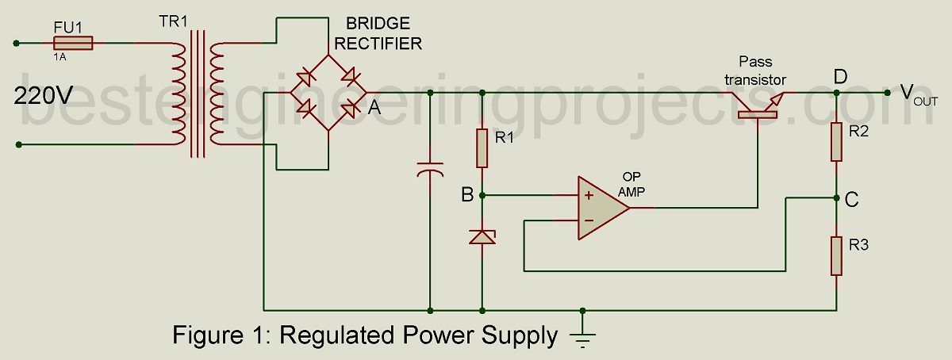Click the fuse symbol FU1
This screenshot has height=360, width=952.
click(72, 43)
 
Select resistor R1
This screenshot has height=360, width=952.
click(482, 148)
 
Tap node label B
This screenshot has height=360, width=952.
click(468, 194)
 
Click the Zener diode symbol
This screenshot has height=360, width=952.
click(482, 236)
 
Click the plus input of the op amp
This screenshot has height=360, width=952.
click(589, 195)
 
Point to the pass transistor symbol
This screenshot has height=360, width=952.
click(758, 105)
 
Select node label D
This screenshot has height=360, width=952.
click(840, 76)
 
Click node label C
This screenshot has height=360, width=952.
click(851, 200)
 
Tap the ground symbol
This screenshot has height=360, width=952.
click(583, 336)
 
